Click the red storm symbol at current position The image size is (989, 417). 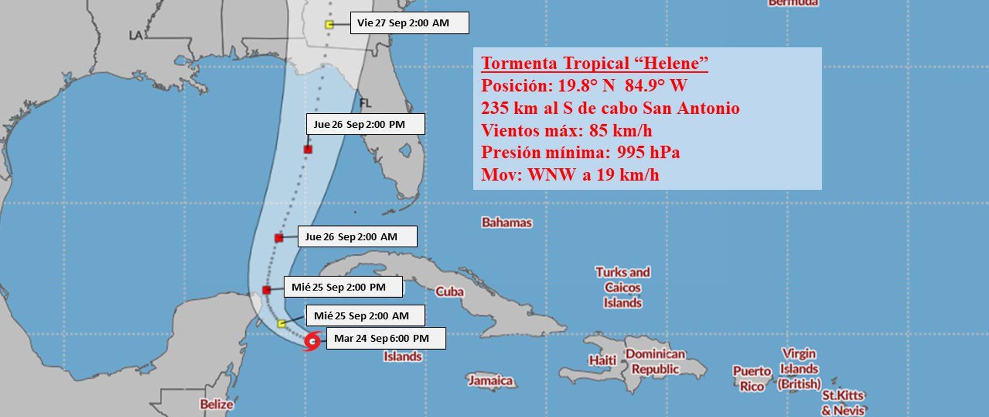pos(312,341)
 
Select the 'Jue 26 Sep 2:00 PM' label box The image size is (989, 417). pos(365,124)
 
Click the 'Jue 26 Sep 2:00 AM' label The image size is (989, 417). pos(357,237)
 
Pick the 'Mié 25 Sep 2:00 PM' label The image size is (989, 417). pos(343,287)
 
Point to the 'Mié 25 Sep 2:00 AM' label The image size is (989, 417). pos(365,316)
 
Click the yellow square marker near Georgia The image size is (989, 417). pos(329,24)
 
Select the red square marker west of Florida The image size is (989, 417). pos(308,149)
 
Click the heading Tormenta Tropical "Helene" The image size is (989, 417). pos(594,63)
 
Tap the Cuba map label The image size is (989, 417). pos(450,292)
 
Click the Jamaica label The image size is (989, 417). pos(490,380)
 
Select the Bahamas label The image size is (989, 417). pos(507,222)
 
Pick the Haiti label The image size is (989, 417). pos(603,360)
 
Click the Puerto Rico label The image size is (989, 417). pos(752,378)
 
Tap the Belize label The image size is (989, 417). pos(216,404)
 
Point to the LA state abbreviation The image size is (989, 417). pos(135,36)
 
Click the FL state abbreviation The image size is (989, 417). pos(365,103)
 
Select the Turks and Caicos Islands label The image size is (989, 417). pos(623,287)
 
